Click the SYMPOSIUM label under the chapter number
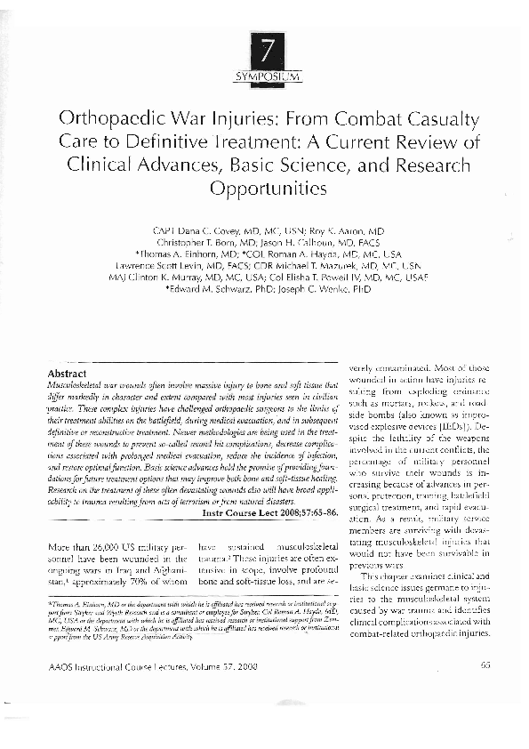[264, 77]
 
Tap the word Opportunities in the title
[264, 189]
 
